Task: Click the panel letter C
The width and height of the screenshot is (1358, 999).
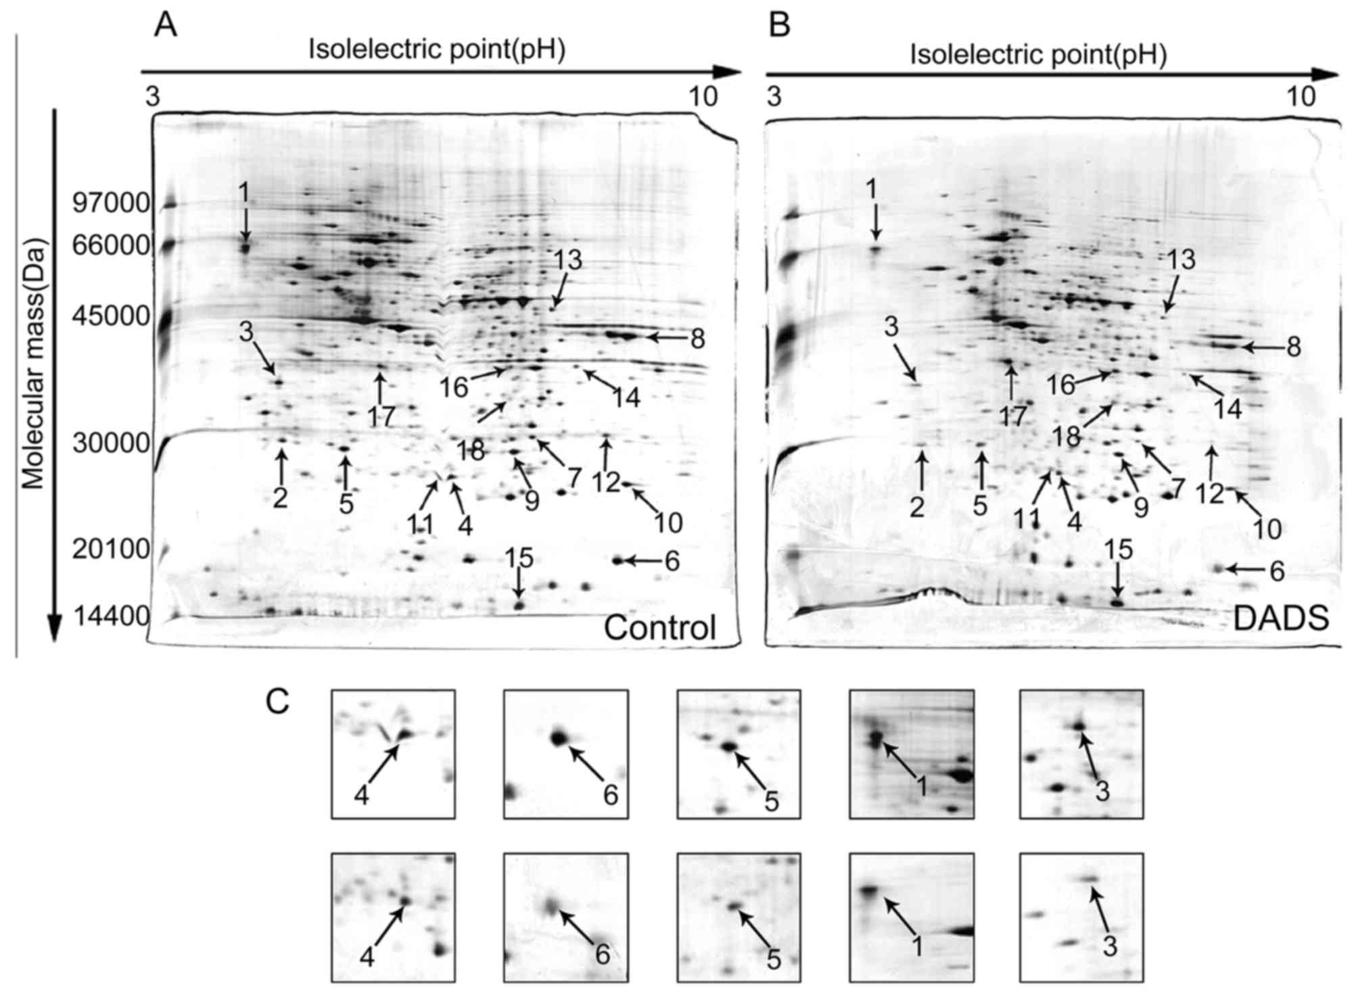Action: click(x=278, y=702)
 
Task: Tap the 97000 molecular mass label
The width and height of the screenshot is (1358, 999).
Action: click(x=112, y=202)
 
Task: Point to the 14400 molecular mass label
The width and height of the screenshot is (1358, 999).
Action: click(x=112, y=617)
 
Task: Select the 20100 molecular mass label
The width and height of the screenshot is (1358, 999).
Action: click(x=111, y=550)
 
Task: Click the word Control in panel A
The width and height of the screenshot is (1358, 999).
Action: click(x=659, y=627)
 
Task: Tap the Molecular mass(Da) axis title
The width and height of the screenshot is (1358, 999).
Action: click(x=32, y=365)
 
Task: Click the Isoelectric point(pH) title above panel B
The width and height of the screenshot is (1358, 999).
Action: click(x=1037, y=55)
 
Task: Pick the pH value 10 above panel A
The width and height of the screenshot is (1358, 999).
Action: click(x=703, y=97)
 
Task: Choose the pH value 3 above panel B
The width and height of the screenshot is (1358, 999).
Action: click(x=774, y=97)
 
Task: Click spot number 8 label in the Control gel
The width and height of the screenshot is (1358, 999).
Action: click(x=698, y=339)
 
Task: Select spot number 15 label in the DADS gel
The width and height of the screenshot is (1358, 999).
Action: click(x=1117, y=550)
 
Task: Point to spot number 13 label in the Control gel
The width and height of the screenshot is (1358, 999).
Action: click(x=568, y=260)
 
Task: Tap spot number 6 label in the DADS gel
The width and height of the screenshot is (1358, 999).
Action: click(x=1276, y=572)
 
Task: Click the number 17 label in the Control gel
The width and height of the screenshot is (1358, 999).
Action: click(x=381, y=416)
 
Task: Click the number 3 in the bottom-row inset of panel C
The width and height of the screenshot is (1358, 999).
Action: click(x=1109, y=948)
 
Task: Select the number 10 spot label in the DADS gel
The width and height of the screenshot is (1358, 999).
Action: click(x=1267, y=529)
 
